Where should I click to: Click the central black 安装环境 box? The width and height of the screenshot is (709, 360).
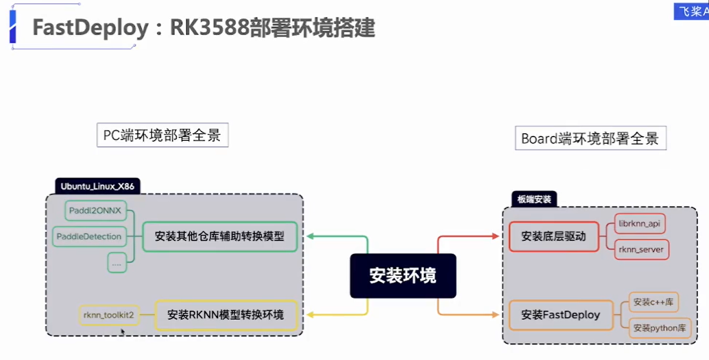tap(403, 276)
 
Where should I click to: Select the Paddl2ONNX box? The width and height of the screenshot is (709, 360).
tap(95, 210)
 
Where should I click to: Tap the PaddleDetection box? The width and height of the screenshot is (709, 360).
tap(89, 237)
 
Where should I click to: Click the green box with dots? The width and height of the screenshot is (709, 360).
tap(116, 263)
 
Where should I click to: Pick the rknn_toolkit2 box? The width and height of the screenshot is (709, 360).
tap(109, 315)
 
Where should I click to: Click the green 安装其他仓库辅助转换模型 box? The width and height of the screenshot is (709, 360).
tap(220, 237)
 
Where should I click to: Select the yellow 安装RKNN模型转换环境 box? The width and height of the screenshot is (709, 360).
tap(226, 315)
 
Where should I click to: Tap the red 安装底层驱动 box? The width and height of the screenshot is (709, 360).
tap(554, 237)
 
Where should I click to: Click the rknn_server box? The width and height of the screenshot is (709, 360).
tap(641, 250)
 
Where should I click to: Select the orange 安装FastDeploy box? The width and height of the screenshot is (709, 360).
tap(561, 315)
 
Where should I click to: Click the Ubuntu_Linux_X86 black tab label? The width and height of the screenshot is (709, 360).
tap(98, 186)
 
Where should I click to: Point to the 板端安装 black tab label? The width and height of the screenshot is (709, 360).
tap(534, 199)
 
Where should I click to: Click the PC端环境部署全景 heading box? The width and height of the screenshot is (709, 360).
tap(162, 135)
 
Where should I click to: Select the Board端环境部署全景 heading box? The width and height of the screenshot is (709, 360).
tap(590, 138)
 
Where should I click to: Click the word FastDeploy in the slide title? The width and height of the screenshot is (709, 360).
tap(90, 27)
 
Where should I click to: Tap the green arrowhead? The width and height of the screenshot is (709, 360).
tap(310, 237)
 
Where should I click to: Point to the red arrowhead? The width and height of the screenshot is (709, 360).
tap(495, 237)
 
